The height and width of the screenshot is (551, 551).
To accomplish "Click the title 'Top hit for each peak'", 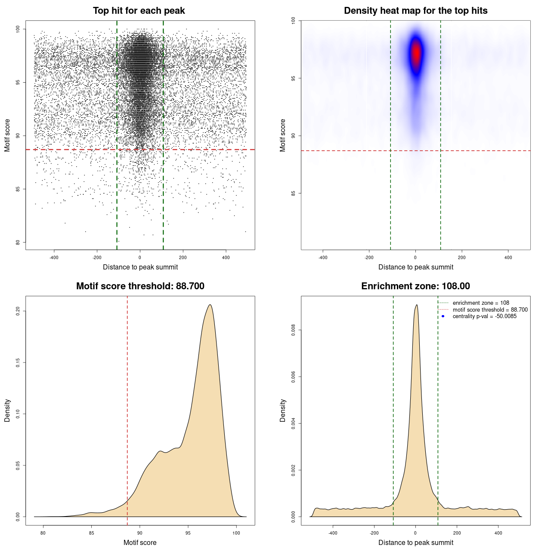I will [139, 11].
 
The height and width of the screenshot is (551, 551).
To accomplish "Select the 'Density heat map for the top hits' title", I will [415, 11].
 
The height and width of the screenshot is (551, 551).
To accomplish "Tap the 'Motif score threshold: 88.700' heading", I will [140, 286].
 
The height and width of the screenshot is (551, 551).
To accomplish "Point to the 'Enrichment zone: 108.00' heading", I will [415, 286].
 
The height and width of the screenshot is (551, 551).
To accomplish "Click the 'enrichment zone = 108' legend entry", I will [480, 303].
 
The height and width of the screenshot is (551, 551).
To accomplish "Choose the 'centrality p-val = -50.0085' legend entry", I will [484, 316].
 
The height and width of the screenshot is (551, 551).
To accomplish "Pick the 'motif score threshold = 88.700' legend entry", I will [490, 310].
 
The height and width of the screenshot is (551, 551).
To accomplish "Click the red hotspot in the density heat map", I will [416, 53].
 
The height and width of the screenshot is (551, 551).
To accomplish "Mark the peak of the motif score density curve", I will [210, 305].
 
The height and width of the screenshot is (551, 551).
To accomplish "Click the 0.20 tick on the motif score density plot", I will [18, 311].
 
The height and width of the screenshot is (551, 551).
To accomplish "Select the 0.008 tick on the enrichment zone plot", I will [294, 330].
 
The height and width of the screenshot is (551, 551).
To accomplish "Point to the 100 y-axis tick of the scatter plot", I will [18, 29].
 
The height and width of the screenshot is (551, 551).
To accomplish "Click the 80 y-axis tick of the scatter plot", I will [18, 242].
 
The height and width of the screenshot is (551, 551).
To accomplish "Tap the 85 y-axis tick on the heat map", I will [294, 193].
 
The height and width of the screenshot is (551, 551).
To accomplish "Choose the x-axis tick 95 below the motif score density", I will [188, 533].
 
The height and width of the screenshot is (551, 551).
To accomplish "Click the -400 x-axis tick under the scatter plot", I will [54, 258].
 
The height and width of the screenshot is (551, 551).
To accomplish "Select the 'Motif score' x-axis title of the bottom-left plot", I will [140, 543].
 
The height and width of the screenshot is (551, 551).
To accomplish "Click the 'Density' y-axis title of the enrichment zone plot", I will [283, 410].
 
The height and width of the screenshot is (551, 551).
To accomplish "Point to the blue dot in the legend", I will [443, 316].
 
